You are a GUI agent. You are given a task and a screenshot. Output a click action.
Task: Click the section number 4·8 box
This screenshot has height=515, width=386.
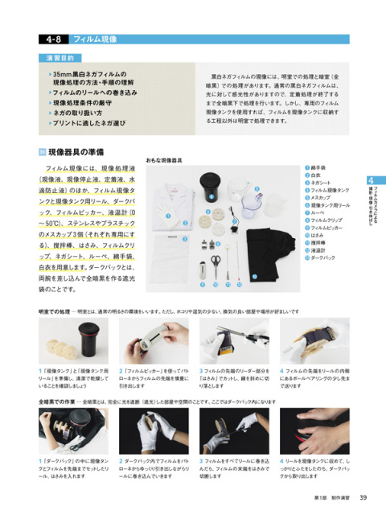click(51, 38)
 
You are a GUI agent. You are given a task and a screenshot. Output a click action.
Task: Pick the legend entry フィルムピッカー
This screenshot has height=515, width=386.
click(325, 228)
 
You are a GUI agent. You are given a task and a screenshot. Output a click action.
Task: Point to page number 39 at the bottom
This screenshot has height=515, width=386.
click(363, 496)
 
